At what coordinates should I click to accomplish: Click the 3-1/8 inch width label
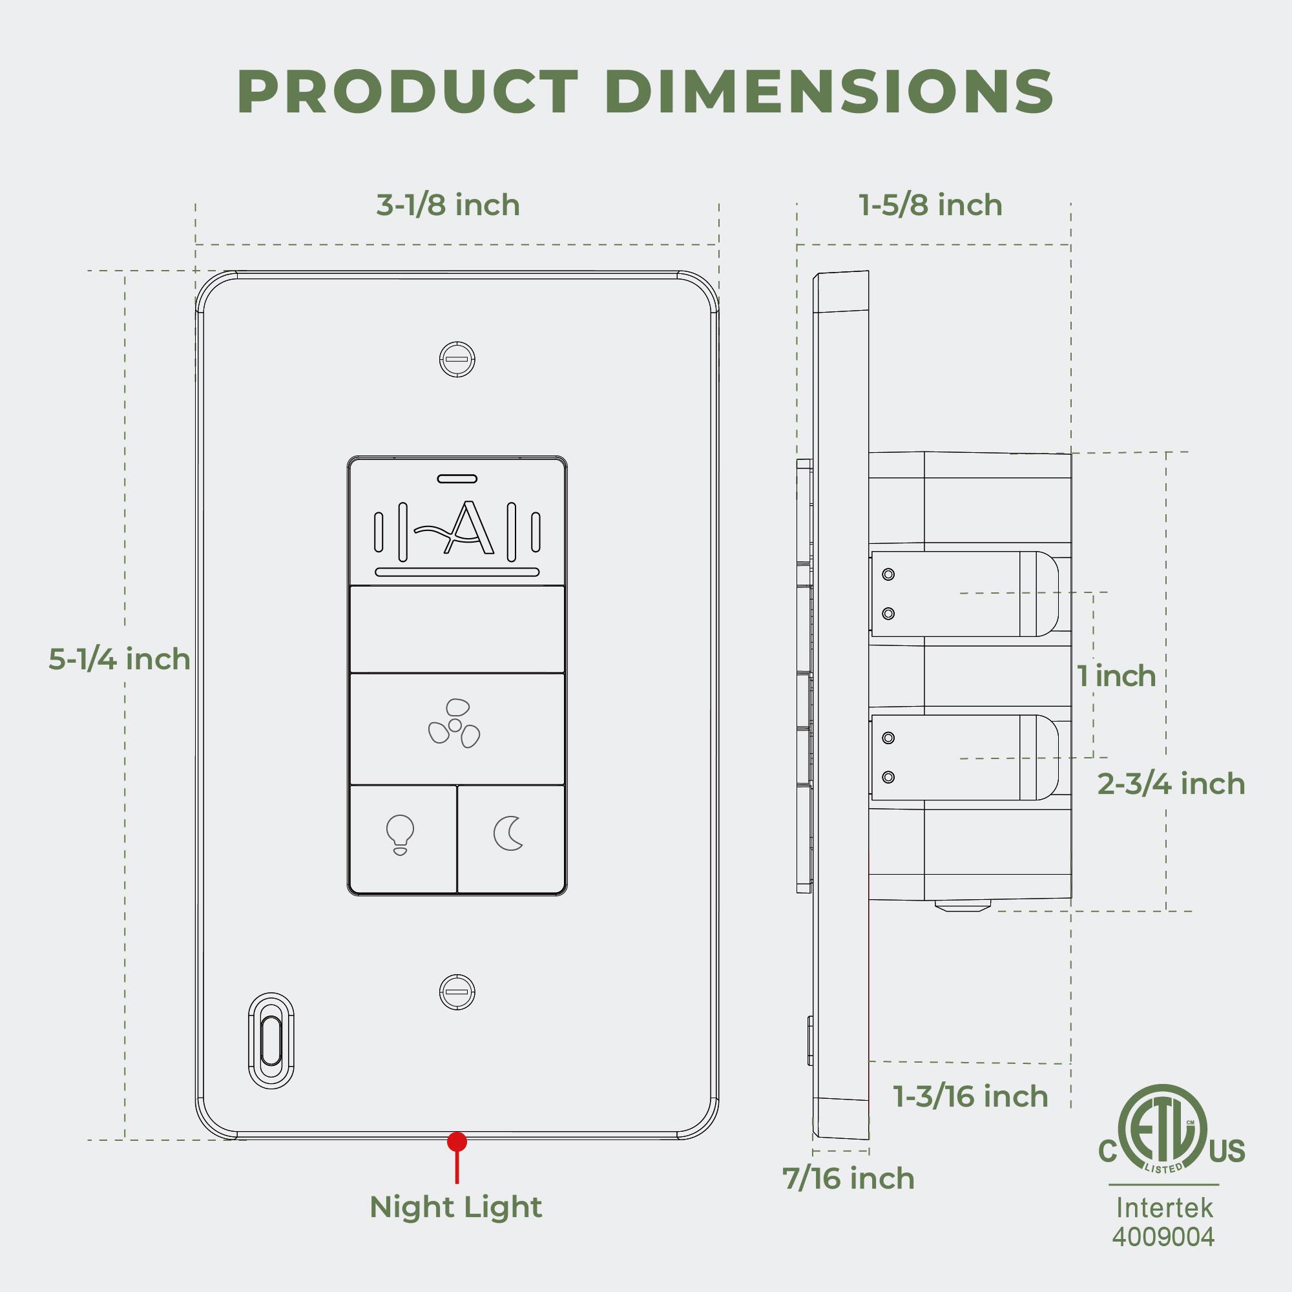pyautogui.click(x=448, y=205)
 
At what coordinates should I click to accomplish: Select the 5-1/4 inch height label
pyautogui.click(x=119, y=660)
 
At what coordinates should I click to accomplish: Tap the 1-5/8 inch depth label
pyautogui.click(x=930, y=205)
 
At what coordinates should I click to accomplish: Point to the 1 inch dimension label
pyautogui.click(x=1116, y=676)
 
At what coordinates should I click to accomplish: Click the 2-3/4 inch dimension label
pyautogui.click(x=1171, y=784)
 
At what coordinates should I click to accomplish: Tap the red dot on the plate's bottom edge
pyautogui.click(x=457, y=1141)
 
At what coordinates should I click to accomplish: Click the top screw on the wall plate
pyautogui.click(x=457, y=359)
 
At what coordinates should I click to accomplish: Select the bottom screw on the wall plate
pyautogui.click(x=457, y=992)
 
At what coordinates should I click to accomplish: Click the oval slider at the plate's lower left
pyautogui.click(x=271, y=1041)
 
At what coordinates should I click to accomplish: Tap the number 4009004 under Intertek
pyautogui.click(x=1163, y=1236)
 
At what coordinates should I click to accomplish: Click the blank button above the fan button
pyautogui.click(x=457, y=629)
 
